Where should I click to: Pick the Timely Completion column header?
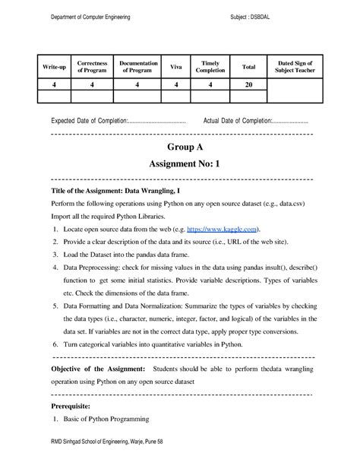point(210,68)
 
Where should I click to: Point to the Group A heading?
point(180,145)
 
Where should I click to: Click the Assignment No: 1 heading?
point(180,163)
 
